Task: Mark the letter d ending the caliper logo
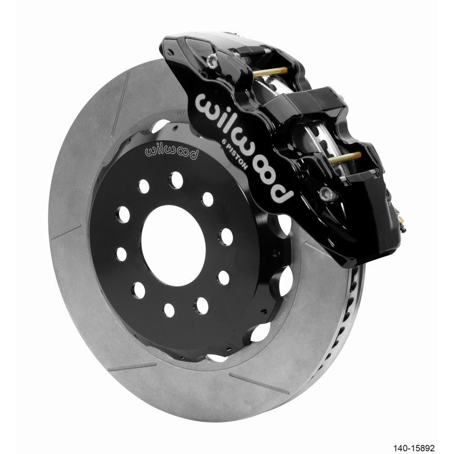point(282,194)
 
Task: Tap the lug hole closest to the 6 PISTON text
point(208,199)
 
